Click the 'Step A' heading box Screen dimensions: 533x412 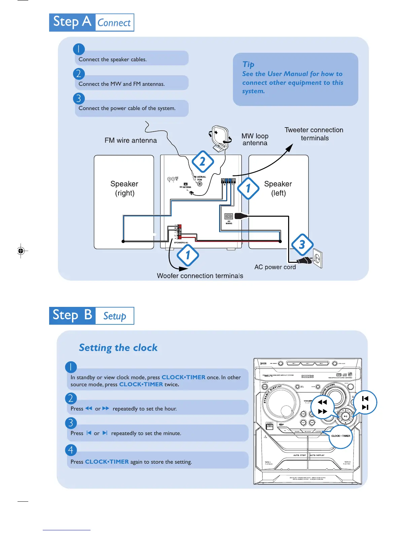click(72, 22)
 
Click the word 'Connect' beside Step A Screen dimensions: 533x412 click(114, 23)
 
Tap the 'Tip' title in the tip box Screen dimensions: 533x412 click(248, 64)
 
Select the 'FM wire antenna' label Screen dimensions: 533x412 click(131, 140)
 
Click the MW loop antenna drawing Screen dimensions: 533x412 click(220, 138)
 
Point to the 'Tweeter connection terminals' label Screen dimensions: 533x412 click(314, 134)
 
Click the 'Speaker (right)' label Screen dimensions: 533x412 click(125, 188)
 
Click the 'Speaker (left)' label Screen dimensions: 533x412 click(278, 188)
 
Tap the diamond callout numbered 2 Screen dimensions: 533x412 click(203, 162)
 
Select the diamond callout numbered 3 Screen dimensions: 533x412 click(302, 245)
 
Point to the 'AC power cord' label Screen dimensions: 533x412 click(275, 267)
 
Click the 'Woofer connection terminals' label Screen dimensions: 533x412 click(200, 276)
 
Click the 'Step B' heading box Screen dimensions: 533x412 click(72, 316)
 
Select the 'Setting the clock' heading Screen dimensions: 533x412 click(118, 348)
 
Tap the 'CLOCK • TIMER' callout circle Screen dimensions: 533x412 click(341, 436)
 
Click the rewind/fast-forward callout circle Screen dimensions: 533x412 click(322, 407)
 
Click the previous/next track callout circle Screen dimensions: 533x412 click(365, 403)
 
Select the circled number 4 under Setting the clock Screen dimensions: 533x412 click(71, 450)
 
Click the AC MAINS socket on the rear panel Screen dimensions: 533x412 click(229, 216)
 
